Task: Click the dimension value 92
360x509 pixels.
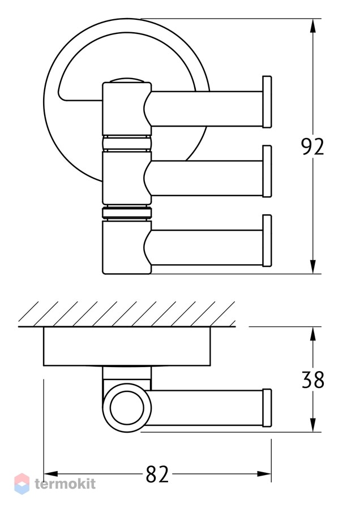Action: click(x=312, y=146)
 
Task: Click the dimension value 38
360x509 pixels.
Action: click(x=313, y=379)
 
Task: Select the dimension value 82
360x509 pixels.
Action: click(x=157, y=475)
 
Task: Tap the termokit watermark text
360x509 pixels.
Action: click(x=65, y=484)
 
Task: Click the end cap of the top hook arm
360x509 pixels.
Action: click(x=267, y=102)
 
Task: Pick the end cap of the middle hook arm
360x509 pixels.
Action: click(x=267, y=171)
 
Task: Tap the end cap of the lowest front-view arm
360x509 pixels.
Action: click(x=267, y=240)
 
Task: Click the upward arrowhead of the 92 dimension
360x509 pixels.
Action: click(x=312, y=25)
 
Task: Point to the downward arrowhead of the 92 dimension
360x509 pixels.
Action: click(x=312, y=266)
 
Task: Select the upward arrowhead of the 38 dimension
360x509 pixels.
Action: click(x=312, y=334)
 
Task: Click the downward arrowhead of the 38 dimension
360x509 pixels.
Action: click(x=312, y=425)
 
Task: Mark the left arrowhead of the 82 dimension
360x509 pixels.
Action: click(x=51, y=475)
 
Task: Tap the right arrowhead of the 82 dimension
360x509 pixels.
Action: click(x=264, y=475)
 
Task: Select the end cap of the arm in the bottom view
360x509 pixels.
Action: click(x=267, y=408)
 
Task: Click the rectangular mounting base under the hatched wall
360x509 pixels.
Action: click(x=127, y=346)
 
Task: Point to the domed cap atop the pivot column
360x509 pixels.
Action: click(x=127, y=80)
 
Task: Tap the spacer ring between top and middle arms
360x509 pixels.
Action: click(x=127, y=143)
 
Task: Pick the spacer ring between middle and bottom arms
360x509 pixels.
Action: click(x=127, y=213)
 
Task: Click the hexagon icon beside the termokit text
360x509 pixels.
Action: click(x=22, y=484)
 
